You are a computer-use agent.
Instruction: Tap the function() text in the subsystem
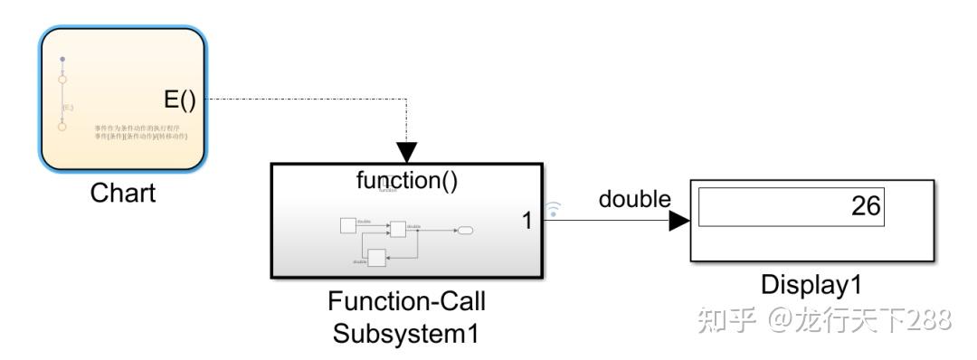407,180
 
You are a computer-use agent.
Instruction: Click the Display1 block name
813,285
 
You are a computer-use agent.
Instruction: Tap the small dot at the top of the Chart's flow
62,61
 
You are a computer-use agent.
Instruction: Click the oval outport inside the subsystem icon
466,231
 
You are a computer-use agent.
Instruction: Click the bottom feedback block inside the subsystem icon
377,257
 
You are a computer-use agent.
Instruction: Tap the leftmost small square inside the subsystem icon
347,224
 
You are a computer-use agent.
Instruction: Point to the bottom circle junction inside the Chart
62,127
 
